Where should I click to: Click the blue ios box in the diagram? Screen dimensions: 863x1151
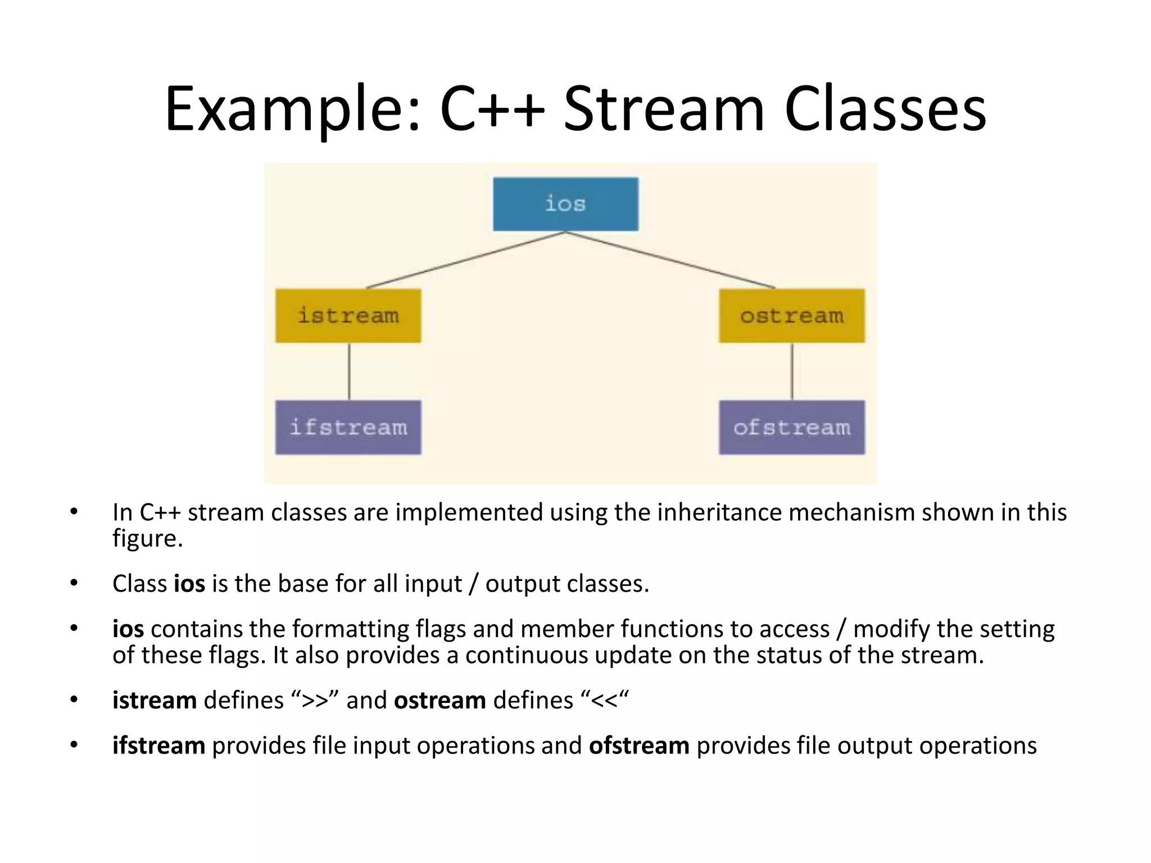point(565,204)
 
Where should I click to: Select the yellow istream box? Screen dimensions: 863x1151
point(348,315)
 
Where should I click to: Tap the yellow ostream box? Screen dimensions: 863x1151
point(791,315)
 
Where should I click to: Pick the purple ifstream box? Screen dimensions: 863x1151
point(348,427)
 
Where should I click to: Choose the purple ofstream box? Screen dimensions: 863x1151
point(791,427)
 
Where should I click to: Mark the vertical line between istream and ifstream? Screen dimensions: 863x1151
point(349,371)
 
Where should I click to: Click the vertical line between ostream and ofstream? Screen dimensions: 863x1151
point(792,371)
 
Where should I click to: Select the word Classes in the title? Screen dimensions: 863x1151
point(885,110)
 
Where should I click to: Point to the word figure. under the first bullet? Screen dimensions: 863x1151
point(147,538)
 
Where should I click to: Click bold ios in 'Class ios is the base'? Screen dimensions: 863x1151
point(189,584)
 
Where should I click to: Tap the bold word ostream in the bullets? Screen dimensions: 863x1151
point(439,701)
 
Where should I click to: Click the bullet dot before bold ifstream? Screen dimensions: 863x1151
point(74,745)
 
